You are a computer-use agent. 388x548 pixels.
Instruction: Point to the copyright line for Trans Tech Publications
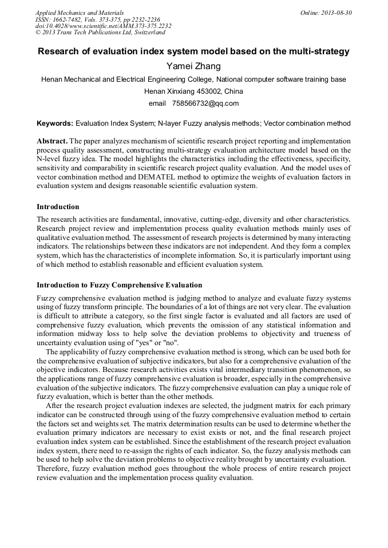pos(100,33)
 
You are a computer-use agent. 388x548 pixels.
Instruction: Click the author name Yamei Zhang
pos(193,66)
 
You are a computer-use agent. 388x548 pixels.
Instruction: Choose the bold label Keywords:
pos(55,123)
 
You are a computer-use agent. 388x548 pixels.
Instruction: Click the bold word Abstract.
pos(52,141)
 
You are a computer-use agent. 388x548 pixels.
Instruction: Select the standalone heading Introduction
pos(58,207)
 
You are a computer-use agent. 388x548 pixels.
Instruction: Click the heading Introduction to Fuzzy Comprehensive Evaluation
pos(119,285)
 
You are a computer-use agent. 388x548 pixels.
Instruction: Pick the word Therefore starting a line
pos(55,469)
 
